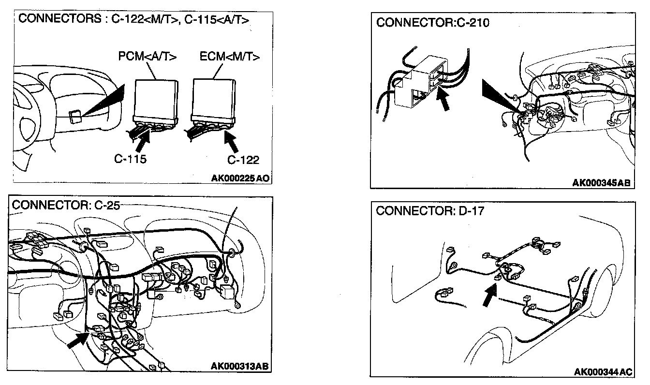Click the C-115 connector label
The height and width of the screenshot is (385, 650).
(x=131, y=159)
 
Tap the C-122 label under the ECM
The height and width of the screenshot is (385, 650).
(x=243, y=160)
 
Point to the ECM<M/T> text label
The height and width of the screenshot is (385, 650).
(x=229, y=57)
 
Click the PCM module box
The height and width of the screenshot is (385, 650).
(x=154, y=99)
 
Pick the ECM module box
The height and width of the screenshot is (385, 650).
(x=213, y=99)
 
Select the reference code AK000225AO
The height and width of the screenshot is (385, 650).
(x=240, y=178)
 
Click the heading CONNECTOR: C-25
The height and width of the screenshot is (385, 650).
(x=65, y=205)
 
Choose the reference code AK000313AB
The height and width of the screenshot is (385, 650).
(x=239, y=365)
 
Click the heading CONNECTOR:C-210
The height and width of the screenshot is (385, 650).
(x=432, y=23)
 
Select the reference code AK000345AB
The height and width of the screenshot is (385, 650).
(x=602, y=183)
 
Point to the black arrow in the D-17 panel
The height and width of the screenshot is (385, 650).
(x=490, y=295)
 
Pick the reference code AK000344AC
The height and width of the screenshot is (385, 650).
(x=603, y=371)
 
